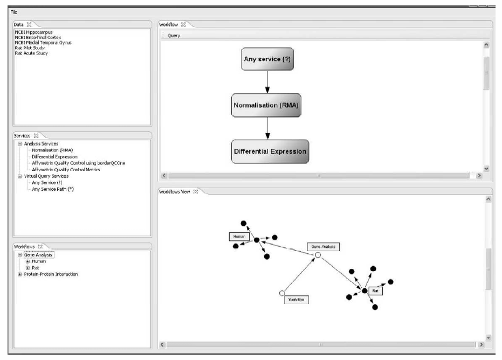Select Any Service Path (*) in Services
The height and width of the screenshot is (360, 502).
click(x=53, y=189)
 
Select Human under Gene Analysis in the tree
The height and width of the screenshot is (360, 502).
click(x=39, y=261)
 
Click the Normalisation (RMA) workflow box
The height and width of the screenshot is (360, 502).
click(x=266, y=105)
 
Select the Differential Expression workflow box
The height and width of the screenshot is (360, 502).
click(x=270, y=152)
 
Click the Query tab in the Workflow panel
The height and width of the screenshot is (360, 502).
click(x=174, y=36)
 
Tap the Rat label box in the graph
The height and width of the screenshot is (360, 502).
click(x=376, y=290)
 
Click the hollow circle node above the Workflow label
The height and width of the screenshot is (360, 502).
click(x=281, y=293)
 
